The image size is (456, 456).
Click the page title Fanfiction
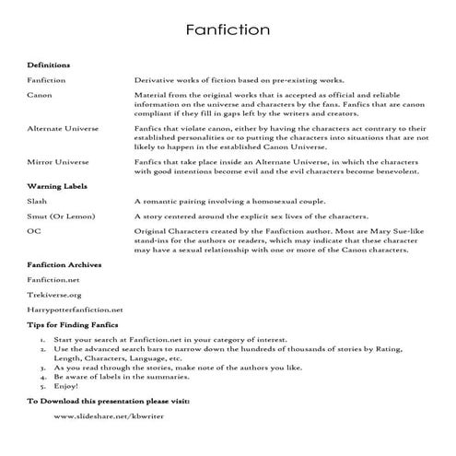227,30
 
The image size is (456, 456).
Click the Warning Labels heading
56,186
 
